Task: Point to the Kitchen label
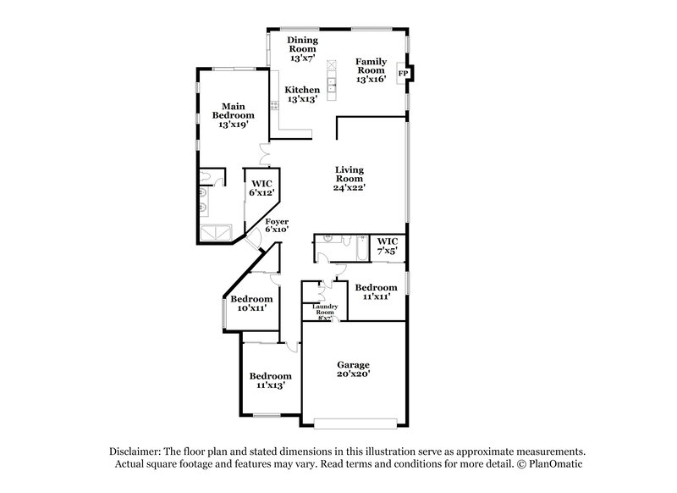coord(302,94)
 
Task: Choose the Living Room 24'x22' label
coord(349,179)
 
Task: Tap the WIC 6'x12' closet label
coord(260,188)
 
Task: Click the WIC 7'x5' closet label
coord(388,246)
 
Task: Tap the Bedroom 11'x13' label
coord(270,380)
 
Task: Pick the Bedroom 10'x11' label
coord(251,303)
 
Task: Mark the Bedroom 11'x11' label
coord(375,292)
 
